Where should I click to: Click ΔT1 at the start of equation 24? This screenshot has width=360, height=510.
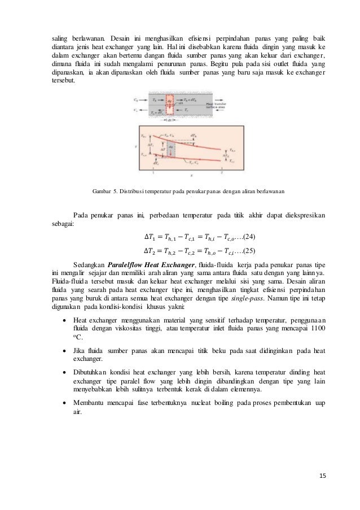point(151,236)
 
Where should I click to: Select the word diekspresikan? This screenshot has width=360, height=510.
point(301,215)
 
